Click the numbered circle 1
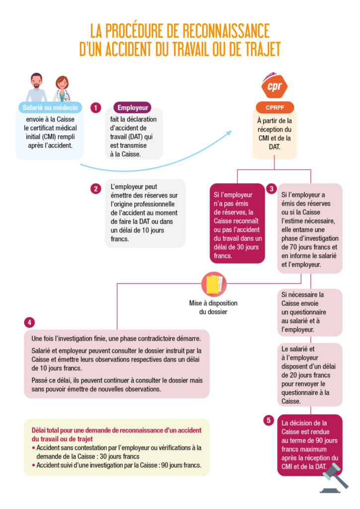[x=95, y=107]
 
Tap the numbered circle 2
[x=95, y=188]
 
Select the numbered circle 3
[x=271, y=189]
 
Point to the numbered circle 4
[x=29, y=322]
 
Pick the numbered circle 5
[x=269, y=421]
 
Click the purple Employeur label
[x=132, y=107]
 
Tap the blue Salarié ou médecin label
[x=50, y=107]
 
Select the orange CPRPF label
[x=274, y=107]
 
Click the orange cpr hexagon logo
[x=274, y=86]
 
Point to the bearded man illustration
[x=36, y=87]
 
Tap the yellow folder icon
[x=214, y=284]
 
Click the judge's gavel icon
[x=334, y=478]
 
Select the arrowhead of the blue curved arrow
[x=229, y=133]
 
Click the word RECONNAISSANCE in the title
[x=226, y=31]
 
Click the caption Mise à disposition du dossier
[x=213, y=307]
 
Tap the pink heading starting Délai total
[x=116, y=434]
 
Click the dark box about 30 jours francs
[x=237, y=223]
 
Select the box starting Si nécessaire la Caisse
[x=310, y=312]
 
